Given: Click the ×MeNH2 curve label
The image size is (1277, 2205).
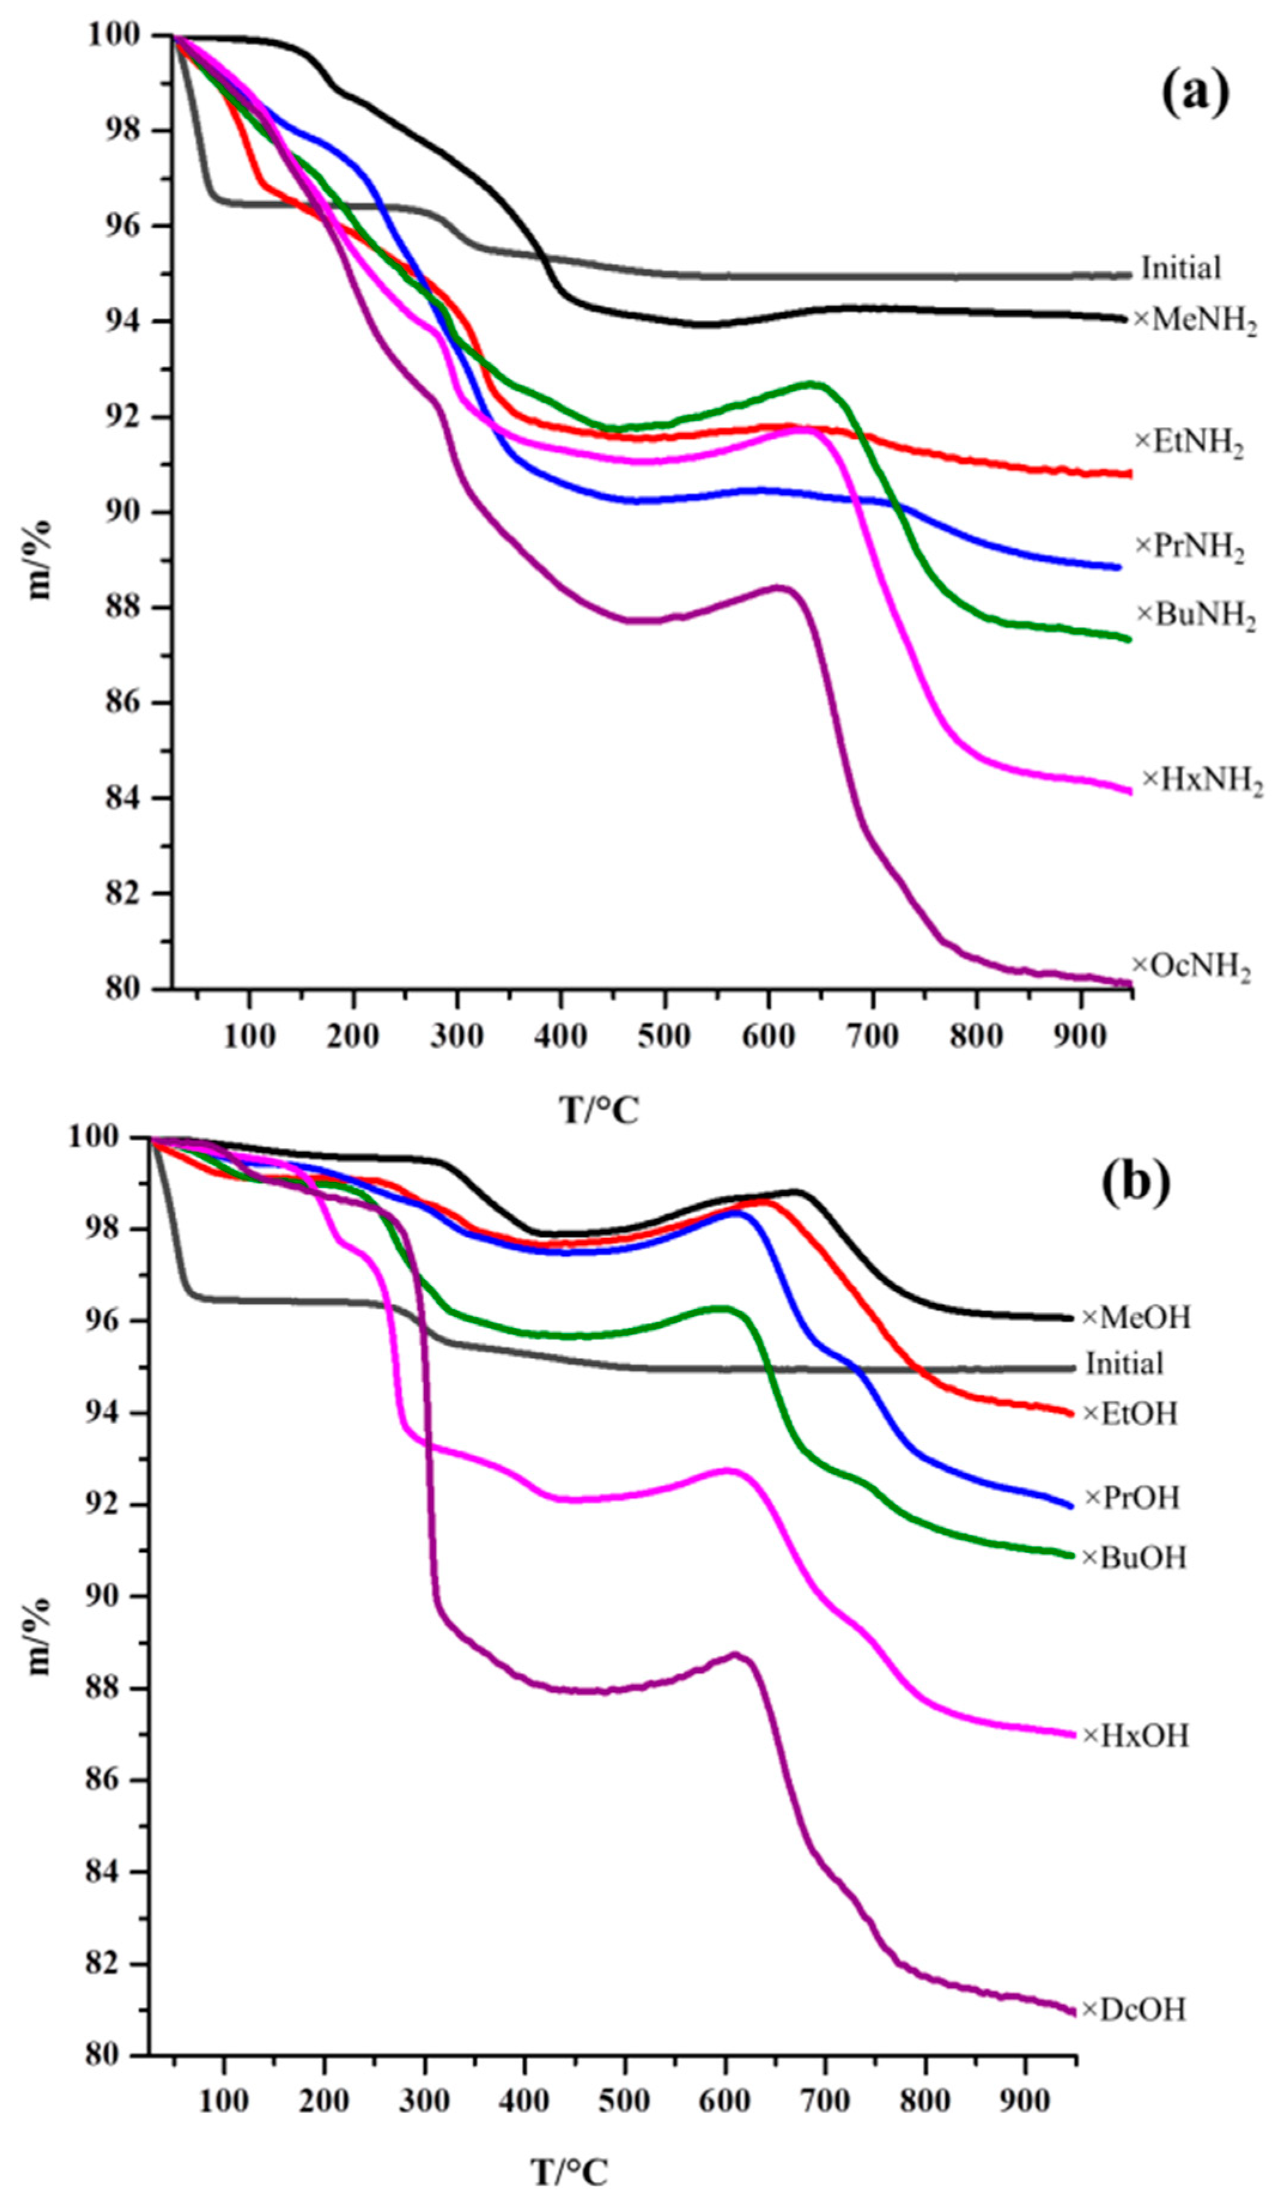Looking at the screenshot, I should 1195,321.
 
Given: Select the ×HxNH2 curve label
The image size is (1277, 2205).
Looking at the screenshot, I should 1203,780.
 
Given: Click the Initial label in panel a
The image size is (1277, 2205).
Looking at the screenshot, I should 1180,268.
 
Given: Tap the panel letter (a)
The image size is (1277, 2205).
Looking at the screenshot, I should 1195,93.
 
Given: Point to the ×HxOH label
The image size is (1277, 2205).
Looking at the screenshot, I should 1135,1735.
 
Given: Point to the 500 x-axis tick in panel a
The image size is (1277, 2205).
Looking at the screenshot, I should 665,1035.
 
